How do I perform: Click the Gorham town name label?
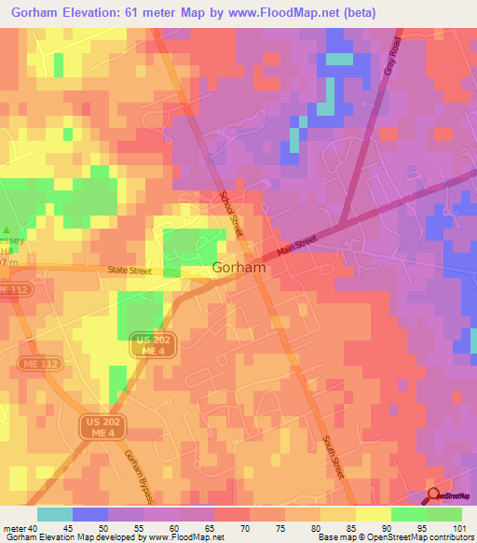click(239, 268)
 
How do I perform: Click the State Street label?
click(128, 271)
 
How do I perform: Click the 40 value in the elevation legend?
click(34, 527)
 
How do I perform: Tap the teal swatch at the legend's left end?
click(54, 514)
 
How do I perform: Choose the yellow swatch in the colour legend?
click(373, 514)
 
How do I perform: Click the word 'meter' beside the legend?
click(14, 527)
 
